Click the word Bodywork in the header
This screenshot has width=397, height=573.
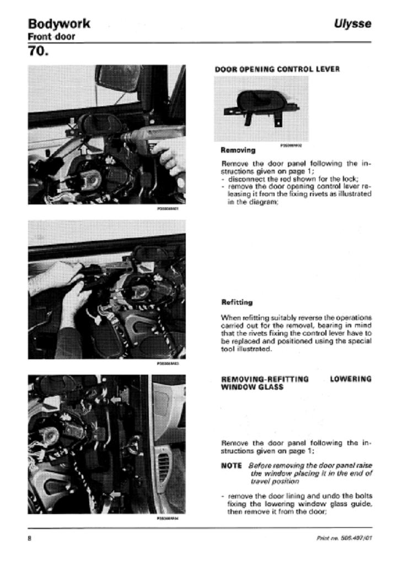click(59, 24)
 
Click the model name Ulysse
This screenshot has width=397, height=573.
click(352, 24)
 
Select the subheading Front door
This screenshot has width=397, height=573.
click(51, 37)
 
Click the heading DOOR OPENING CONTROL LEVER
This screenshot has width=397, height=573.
click(277, 69)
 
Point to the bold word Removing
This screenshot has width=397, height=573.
click(238, 149)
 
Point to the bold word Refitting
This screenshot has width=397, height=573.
click(237, 302)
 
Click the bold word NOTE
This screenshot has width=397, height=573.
click(231, 466)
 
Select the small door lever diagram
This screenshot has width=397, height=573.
click(259, 107)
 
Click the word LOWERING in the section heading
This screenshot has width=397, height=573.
click(351, 379)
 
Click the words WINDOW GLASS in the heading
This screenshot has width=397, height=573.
click(252, 387)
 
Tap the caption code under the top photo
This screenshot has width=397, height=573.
click(168, 209)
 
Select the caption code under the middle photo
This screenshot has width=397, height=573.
click(168, 364)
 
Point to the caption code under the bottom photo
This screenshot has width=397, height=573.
click(168, 518)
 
